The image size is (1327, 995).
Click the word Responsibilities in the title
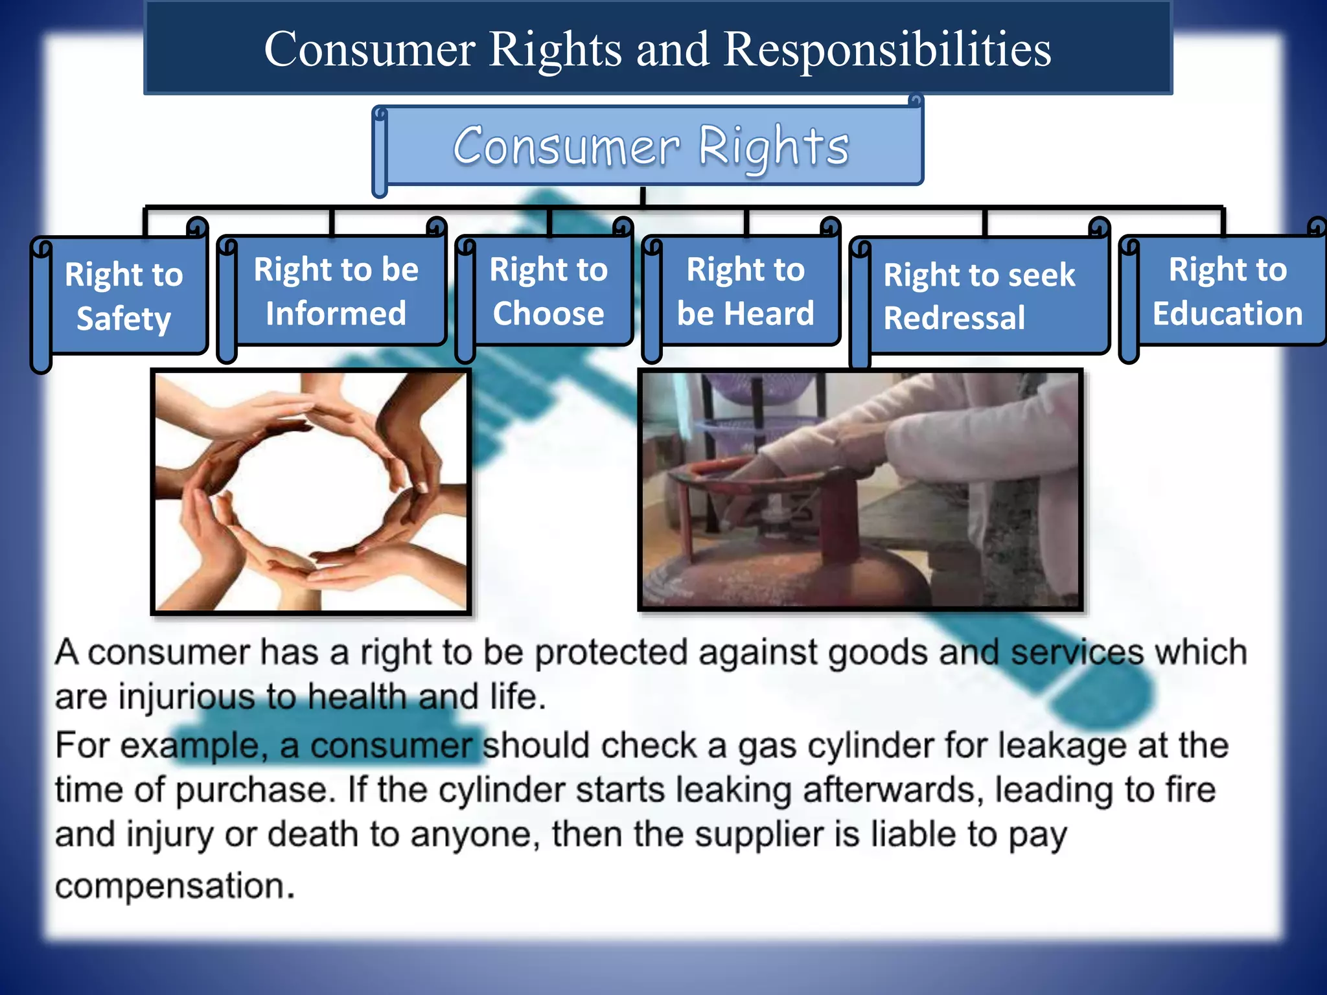click(887, 49)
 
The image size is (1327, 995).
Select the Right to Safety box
click(124, 296)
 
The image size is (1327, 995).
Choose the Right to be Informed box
click(336, 291)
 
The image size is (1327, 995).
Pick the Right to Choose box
click(548, 291)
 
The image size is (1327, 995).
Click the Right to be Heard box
click(745, 291)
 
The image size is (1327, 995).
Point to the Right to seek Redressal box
click(980, 296)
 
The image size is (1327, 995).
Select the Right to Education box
click(1227, 291)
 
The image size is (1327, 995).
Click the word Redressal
click(954, 318)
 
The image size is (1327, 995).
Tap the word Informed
click(336, 314)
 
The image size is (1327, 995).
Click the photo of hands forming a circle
click(311, 491)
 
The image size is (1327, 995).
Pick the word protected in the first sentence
click(610, 652)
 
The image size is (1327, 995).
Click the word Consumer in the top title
click(369, 49)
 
